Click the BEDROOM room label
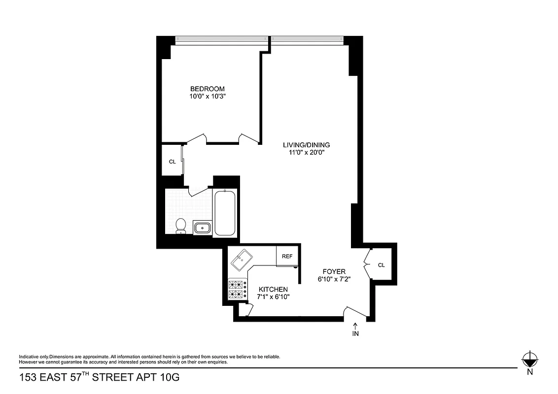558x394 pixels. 208,89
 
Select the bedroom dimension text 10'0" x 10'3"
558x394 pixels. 208,97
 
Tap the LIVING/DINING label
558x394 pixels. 306,145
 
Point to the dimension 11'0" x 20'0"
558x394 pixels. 306,153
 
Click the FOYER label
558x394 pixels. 334,271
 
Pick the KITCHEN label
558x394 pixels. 273,289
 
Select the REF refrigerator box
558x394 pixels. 287,257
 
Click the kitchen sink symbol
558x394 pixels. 243,258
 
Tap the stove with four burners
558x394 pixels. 237,290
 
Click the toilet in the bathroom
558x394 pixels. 180,226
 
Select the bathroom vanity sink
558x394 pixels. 202,228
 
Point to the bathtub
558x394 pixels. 225,213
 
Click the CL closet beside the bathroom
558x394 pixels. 172,161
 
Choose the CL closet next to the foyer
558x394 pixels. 381,265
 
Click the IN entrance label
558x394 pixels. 355,334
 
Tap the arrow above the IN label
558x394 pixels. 355,325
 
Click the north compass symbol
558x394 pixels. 530,359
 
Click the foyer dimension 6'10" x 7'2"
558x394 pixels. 334,279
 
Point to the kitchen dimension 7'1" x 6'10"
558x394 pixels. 273,297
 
